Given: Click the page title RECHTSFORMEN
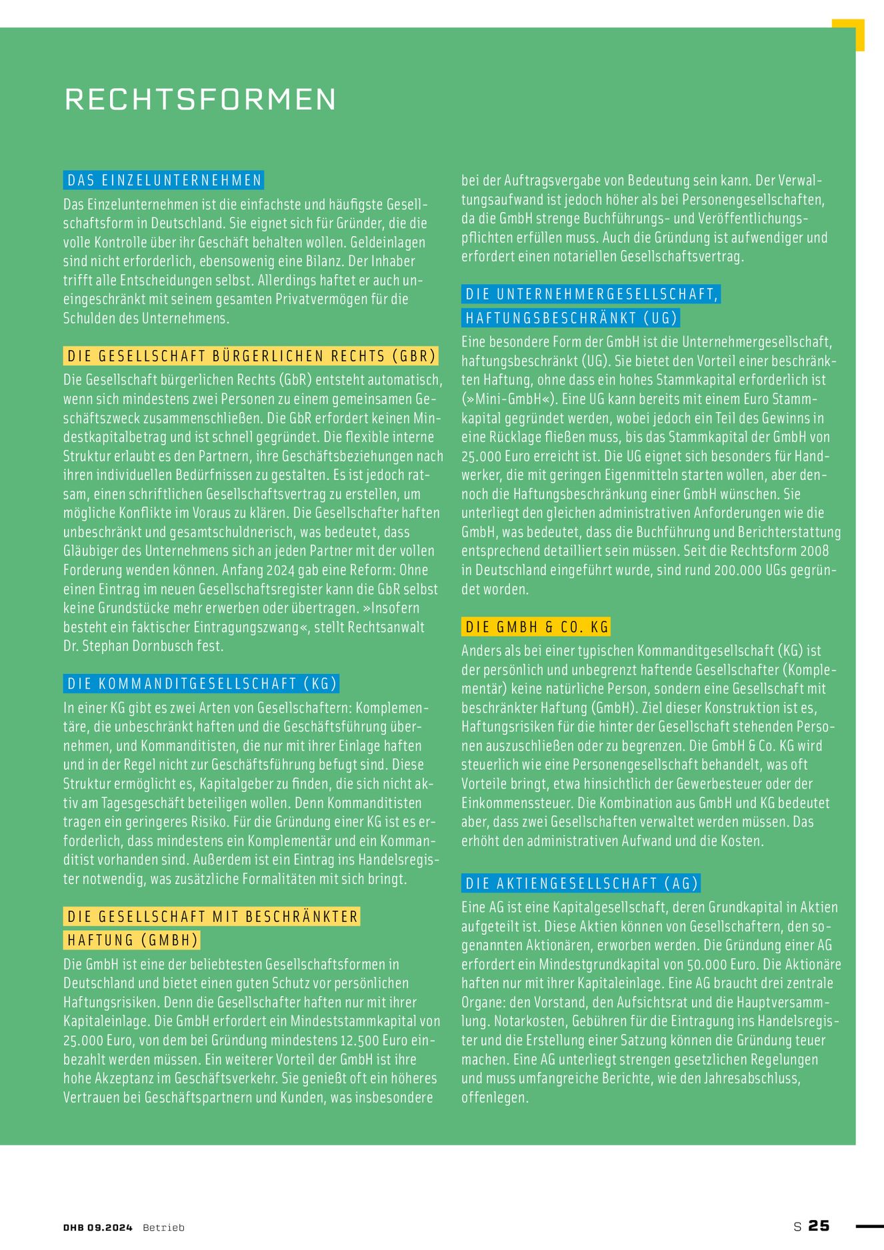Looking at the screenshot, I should tap(200, 99).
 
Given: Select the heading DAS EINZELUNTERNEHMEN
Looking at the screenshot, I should tap(164, 180).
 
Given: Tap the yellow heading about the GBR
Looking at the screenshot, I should tap(251, 356).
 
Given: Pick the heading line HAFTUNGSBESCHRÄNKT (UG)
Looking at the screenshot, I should tap(571, 318).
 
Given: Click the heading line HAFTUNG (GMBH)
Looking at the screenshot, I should tap(133, 940).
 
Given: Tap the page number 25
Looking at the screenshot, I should tap(819, 1226).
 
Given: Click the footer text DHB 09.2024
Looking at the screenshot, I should tap(98, 1227).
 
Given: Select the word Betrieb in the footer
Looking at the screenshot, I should tap(163, 1227).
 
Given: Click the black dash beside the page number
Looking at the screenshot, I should tap(869, 1226).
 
